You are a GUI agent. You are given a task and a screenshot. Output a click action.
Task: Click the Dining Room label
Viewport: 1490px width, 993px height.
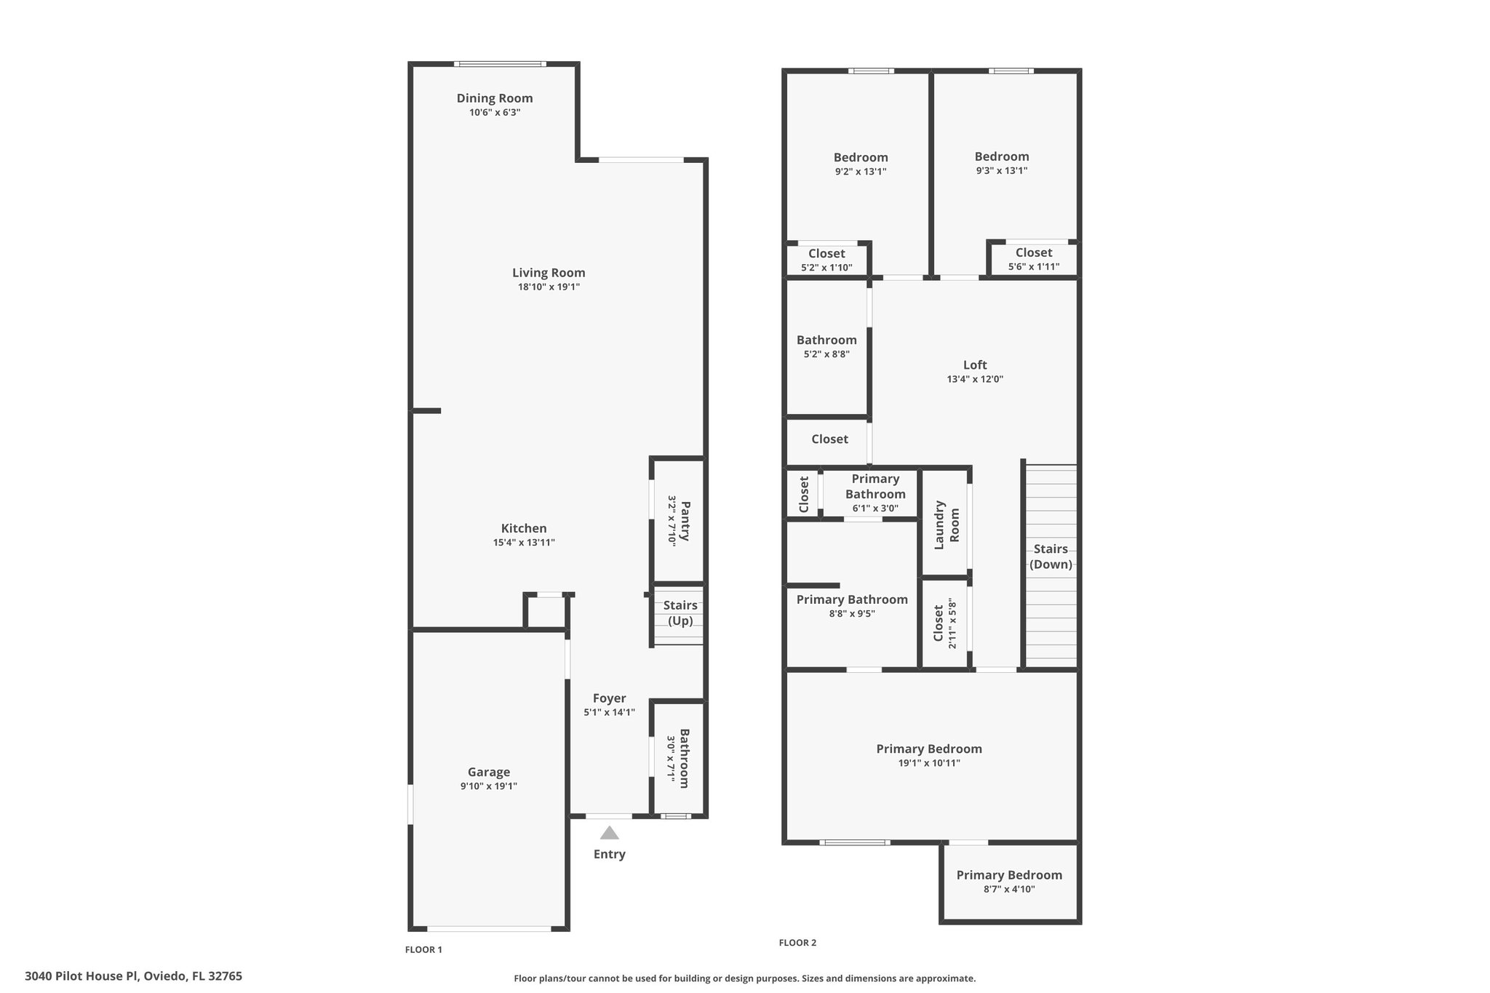[x=495, y=98]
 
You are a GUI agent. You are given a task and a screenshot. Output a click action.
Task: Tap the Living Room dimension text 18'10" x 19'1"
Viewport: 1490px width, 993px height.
[x=549, y=287]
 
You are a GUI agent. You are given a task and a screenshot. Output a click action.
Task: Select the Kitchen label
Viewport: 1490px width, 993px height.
[x=524, y=528]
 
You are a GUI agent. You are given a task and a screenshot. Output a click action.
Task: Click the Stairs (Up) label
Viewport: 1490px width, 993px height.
[x=680, y=613]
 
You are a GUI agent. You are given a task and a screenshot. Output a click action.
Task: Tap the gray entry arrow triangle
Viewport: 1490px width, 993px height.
[x=609, y=832]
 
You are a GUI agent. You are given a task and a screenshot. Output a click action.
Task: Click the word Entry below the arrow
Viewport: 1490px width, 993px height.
[x=609, y=854]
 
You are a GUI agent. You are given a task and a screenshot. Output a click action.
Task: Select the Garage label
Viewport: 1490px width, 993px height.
[x=489, y=772]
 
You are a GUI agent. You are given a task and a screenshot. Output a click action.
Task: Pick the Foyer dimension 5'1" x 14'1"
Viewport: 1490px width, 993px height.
[x=609, y=712]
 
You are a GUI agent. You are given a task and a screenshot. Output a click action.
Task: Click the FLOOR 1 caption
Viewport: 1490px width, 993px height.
[x=423, y=949]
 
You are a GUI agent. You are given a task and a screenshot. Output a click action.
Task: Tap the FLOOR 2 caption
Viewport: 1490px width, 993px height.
[x=797, y=943]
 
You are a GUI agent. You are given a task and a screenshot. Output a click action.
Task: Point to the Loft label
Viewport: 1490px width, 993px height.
[x=975, y=365]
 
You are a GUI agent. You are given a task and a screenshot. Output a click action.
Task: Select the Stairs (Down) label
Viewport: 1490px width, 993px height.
[x=1051, y=557]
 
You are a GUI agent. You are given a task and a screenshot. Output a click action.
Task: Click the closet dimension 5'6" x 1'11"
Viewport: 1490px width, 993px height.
[x=1033, y=267]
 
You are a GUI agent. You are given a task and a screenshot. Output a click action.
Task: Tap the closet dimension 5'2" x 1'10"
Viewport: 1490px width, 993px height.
[x=826, y=268]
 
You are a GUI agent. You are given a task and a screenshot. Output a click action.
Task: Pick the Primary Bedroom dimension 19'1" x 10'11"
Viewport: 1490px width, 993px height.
[x=929, y=763]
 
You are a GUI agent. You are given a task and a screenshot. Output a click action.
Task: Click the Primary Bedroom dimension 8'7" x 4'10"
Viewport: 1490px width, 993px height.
[x=1009, y=889]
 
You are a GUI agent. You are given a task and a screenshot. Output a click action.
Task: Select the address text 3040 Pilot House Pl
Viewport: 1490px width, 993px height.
[x=81, y=976]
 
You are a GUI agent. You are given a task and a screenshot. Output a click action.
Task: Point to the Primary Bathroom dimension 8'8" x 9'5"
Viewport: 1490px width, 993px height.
[x=852, y=613]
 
